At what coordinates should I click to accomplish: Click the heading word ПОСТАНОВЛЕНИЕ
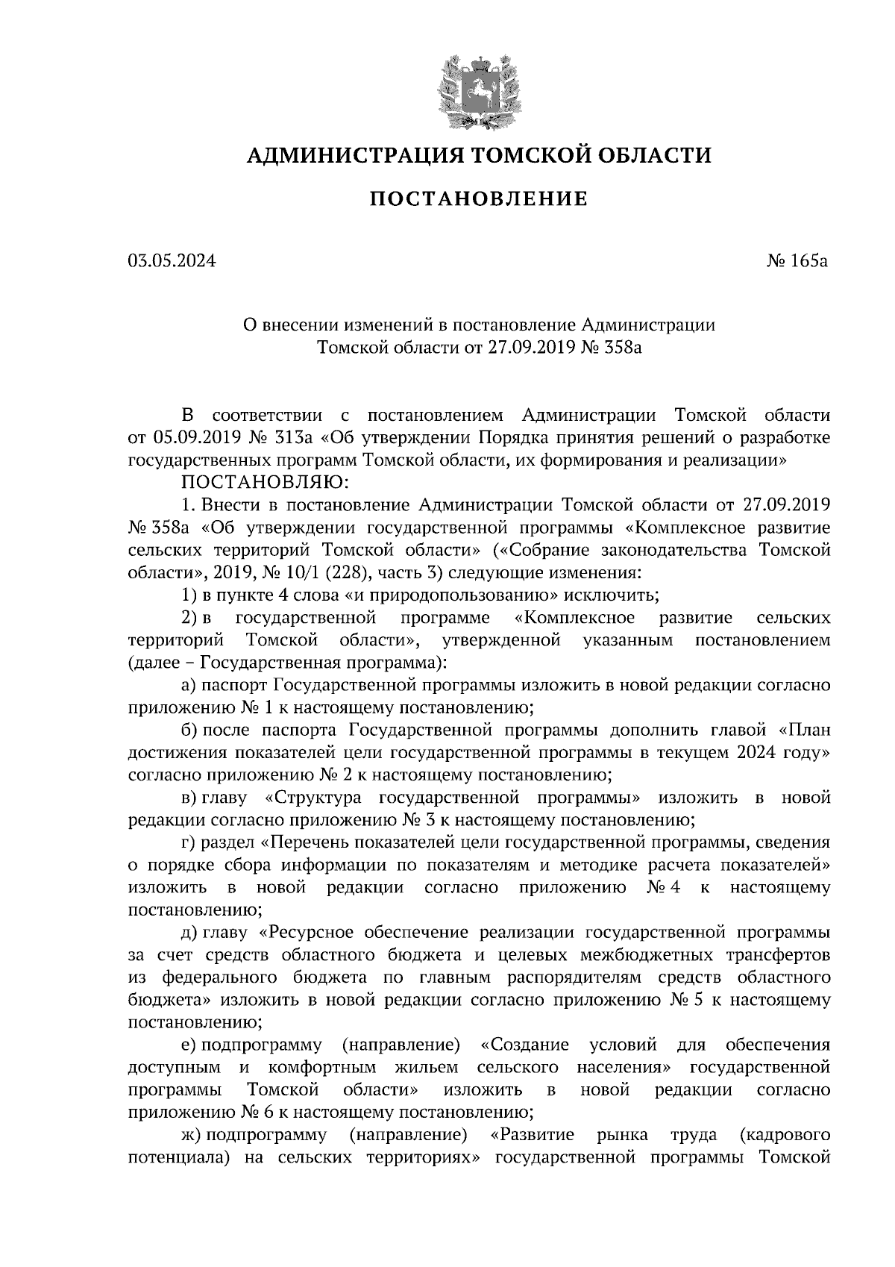(x=478, y=199)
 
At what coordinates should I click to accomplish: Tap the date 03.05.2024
(x=172, y=261)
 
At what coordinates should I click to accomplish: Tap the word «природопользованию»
(x=468, y=595)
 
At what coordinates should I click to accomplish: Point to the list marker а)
(x=188, y=685)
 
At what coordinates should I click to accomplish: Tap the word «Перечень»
(x=307, y=842)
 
